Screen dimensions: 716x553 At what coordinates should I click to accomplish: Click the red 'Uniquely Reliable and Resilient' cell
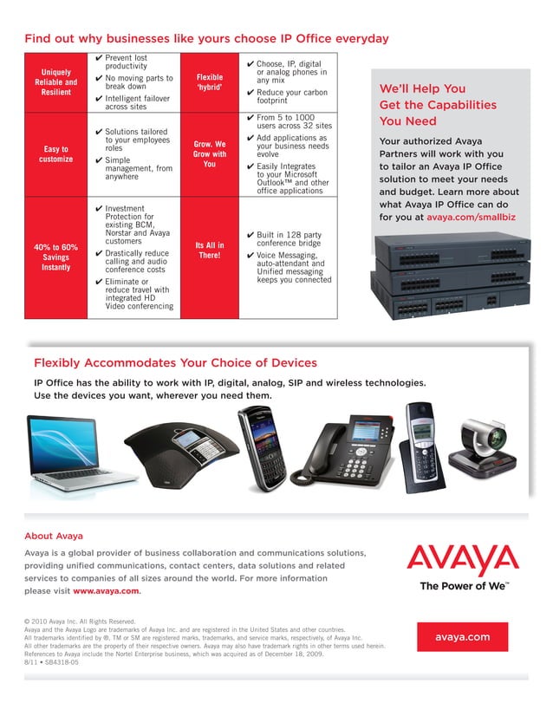point(56,82)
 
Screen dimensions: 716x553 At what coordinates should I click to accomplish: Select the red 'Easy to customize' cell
point(56,154)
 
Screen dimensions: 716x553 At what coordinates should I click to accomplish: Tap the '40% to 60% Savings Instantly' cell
point(56,257)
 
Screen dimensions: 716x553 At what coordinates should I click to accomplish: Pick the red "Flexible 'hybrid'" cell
point(210,82)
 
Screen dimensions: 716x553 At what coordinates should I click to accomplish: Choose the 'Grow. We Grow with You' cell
point(210,154)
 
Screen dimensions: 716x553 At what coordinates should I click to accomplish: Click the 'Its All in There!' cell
point(210,251)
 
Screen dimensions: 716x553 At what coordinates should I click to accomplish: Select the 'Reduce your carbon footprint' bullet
point(291,96)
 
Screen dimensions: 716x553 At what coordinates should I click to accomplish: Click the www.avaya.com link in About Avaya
point(106,590)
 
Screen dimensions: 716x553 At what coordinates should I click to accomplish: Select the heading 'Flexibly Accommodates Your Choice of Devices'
point(175,363)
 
